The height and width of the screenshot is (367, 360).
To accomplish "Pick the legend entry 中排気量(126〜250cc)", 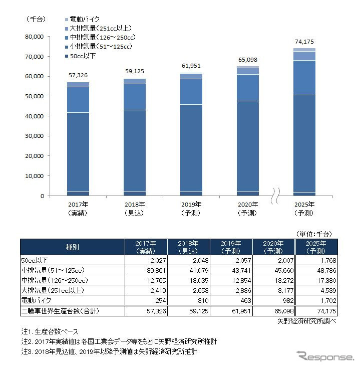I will click(103, 38).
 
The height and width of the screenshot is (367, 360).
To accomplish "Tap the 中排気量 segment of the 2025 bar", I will click(303, 77).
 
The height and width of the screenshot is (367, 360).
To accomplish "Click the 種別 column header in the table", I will click(72, 247).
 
